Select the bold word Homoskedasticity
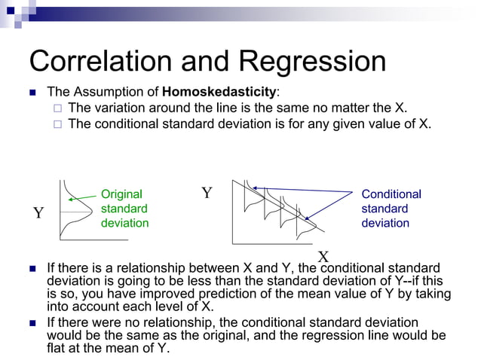219,92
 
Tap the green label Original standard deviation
124,209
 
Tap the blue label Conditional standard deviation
391,209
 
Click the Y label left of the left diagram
38,214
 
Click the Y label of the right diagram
207,194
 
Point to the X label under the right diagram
323,256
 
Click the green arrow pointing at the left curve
81,199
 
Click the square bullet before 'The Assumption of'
32,93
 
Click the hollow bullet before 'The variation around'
57,108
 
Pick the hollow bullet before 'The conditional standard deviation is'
57,124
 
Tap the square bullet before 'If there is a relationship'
32,269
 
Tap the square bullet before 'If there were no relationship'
32,323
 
